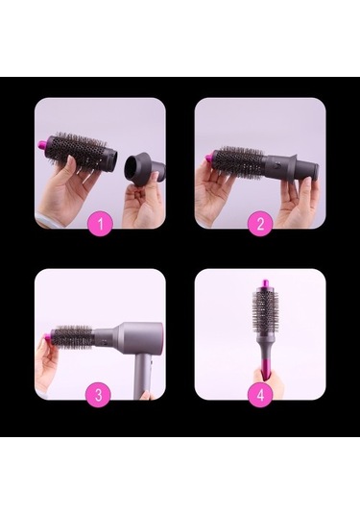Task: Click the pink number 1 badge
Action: click(99, 226)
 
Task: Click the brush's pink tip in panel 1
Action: click(71, 145)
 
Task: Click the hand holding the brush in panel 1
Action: click(64, 192)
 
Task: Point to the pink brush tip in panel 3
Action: click(48, 339)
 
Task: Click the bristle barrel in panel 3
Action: click(72, 338)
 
